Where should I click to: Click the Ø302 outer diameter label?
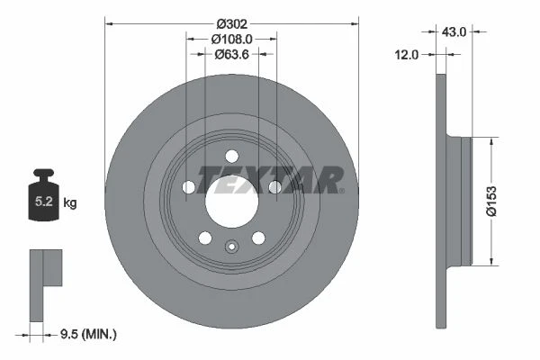click(x=232, y=24)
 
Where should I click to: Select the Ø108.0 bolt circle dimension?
click(x=231, y=40)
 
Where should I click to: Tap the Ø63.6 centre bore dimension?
click(x=231, y=54)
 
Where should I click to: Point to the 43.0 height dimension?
click(x=454, y=32)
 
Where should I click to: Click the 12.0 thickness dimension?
click(x=407, y=55)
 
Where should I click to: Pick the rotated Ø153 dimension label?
click(x=491, y=202)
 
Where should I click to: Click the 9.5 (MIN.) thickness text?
click(x=88, y=334)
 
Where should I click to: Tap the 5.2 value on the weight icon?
click(x=44, y=202)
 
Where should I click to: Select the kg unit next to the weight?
click(x=70, y=202)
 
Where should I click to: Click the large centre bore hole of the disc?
click(x=232, y=202)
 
